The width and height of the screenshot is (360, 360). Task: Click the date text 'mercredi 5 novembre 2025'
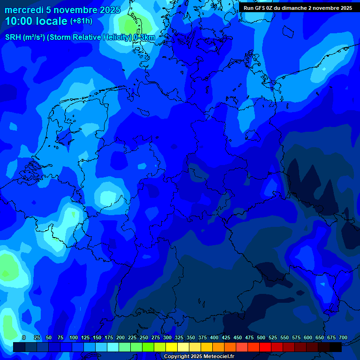(62, 10)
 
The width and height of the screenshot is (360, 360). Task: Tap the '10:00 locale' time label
(36, 21)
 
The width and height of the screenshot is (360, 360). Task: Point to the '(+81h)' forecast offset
(81, 21)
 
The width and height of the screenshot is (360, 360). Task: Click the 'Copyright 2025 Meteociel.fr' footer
(199, 357)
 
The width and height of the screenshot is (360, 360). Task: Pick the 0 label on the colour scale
(24, 337)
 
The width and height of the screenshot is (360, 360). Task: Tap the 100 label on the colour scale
(74, 337)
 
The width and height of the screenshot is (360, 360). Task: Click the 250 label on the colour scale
(144, 337)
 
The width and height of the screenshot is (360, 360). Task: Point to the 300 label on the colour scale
(167, 337)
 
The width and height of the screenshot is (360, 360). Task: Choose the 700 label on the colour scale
(343, 337)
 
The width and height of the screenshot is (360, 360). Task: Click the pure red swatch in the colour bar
(265, 347)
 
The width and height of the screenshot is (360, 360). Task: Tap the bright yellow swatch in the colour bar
(172, 347)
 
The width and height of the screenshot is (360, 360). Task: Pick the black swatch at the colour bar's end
(336, 347)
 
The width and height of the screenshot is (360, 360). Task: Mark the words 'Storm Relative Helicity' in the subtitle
(91, 37)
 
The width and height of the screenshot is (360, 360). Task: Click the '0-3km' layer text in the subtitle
(144, 37)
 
